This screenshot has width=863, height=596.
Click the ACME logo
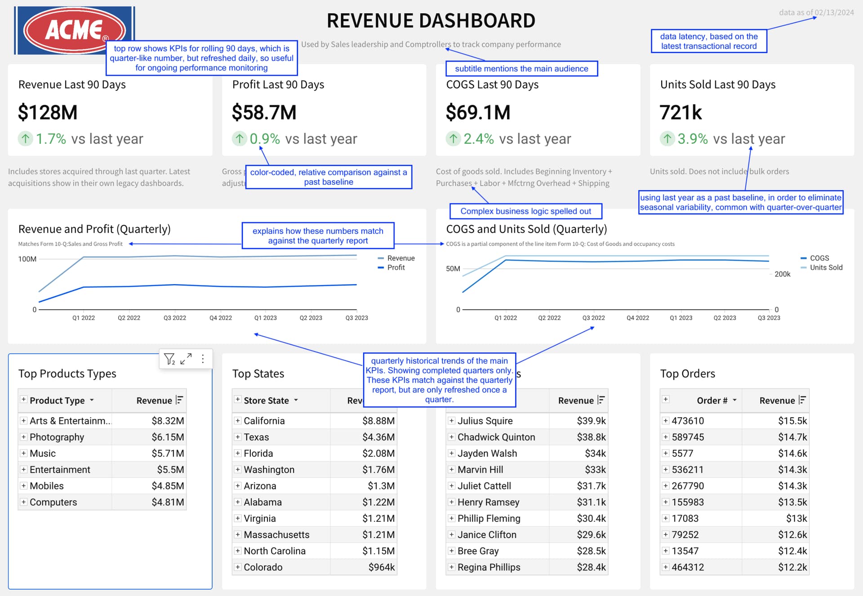tap(75, 30)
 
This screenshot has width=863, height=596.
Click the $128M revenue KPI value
tap(48, 112)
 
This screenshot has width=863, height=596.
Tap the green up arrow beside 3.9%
tap(667, 139)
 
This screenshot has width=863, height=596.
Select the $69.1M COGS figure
tap(478, 112)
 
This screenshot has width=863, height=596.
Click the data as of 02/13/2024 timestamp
tap(816, 13)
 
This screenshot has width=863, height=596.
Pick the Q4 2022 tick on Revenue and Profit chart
tap(221, 318)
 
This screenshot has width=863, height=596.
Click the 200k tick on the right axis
tap(782, 274)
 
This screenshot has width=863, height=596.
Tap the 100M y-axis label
tap(27, 259)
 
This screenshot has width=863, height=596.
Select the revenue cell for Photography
tap(167, 437)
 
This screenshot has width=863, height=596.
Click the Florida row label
tap(258, 453)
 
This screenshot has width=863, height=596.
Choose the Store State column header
tap(266, 400)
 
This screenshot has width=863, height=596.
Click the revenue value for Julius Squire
tap(591, 421)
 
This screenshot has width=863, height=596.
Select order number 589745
tap(688, 437)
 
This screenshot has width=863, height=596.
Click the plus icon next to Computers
tap(23, 502)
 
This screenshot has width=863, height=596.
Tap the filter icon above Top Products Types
tap(169, 359)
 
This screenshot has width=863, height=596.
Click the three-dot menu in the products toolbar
tap(203, 359)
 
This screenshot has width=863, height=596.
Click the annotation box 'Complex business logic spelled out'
tap(525, 211)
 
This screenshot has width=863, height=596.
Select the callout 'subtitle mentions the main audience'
tap(521, 69)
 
